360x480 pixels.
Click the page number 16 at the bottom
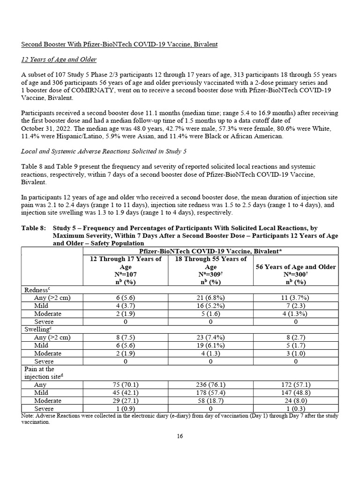point(180,436)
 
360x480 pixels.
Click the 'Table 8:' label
point(34,228)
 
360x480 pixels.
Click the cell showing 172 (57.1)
point(295,384)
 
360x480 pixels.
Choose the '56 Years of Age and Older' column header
point(295,267)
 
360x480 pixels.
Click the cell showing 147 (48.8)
point(295,392)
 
